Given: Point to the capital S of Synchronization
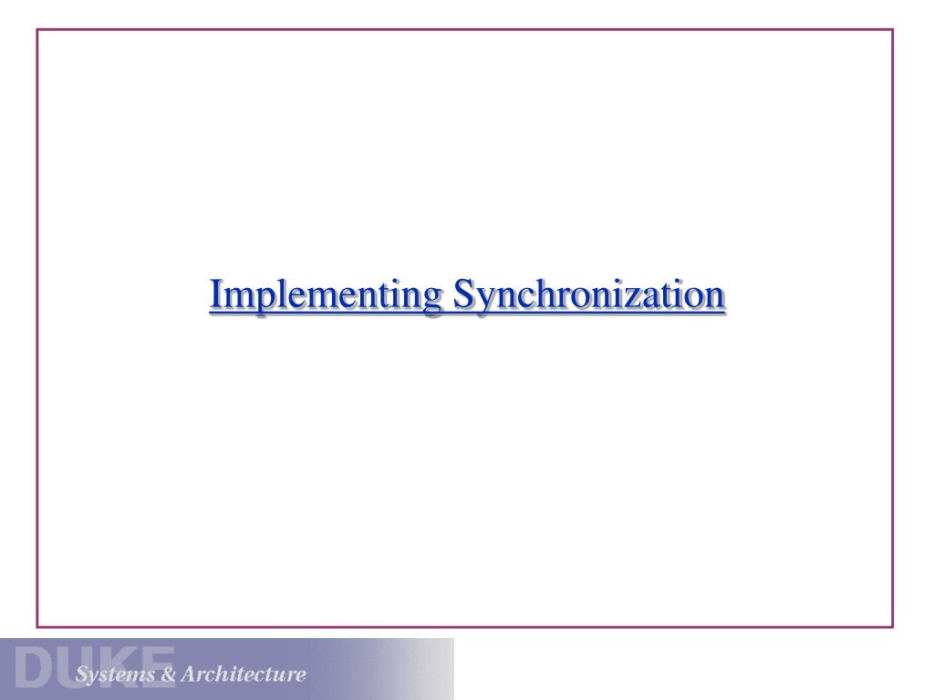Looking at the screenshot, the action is point(463,293).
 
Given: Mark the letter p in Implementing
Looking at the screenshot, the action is point(260,302).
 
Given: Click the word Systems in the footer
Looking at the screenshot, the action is point(114,674).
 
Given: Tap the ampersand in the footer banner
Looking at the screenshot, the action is point(169,674).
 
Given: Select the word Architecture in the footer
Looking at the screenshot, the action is point(244,674).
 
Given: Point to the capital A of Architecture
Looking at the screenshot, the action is point(190,674).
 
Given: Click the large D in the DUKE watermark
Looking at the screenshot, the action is point(32,666).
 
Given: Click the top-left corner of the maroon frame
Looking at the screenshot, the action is point(36,29).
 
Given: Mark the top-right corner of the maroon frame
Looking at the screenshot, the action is point(893,29).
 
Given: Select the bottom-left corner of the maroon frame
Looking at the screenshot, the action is point(36,627).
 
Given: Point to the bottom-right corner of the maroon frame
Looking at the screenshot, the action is point(893,627).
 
